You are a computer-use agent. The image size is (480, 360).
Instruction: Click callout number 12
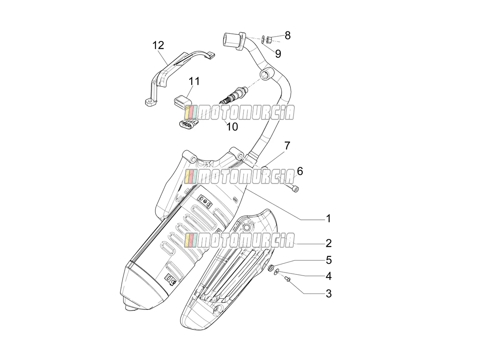(158, 46)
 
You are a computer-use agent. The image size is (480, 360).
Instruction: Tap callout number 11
(194, 81)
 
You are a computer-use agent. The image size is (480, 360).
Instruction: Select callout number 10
(232, 127)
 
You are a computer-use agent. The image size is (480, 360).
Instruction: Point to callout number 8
(288, 35)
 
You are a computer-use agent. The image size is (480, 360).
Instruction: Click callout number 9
(278, 54)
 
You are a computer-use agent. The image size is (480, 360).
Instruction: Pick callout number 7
(287, 146)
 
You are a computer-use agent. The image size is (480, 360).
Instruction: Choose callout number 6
(300, 171)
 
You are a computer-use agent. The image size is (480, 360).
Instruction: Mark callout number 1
(328, 219)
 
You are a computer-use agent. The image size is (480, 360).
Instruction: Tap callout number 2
(329, 243)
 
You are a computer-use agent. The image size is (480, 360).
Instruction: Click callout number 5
(329, 260)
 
